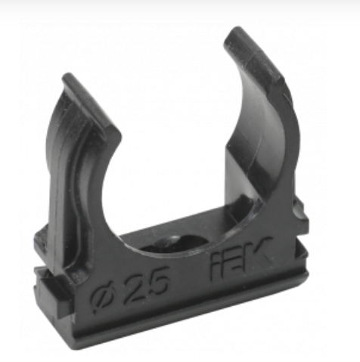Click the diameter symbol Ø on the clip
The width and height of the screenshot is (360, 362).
point(104,299)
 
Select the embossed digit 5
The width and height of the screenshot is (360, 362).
point(157,280)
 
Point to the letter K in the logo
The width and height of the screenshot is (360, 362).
point(259,252)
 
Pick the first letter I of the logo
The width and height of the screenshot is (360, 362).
point(215,267)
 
